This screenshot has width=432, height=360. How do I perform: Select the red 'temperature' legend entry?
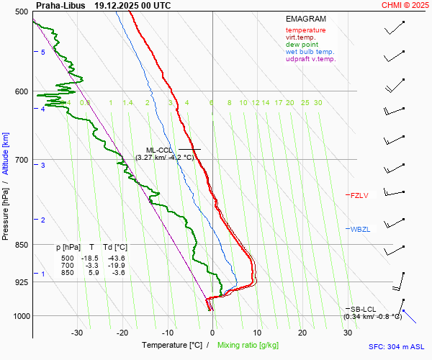[305, 30]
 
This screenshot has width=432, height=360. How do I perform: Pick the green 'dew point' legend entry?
[302, 45]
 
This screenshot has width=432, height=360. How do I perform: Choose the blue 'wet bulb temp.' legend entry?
[310, 52]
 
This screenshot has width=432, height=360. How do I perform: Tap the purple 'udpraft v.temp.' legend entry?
[310, 59]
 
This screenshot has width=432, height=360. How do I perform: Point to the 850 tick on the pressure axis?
[21, 245]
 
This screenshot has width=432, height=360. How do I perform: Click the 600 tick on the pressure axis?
[21, 91]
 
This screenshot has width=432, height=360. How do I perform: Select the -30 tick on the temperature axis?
[77, 333]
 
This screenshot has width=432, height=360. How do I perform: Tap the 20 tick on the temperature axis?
[302, 333]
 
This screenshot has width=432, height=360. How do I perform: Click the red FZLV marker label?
[359, 195]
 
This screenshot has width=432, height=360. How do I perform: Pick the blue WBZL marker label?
[360, 230]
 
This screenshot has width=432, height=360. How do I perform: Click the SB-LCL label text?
[364, 309]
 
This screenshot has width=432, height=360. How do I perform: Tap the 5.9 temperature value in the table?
[94, 272]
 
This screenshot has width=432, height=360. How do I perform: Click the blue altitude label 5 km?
[43, 53]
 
